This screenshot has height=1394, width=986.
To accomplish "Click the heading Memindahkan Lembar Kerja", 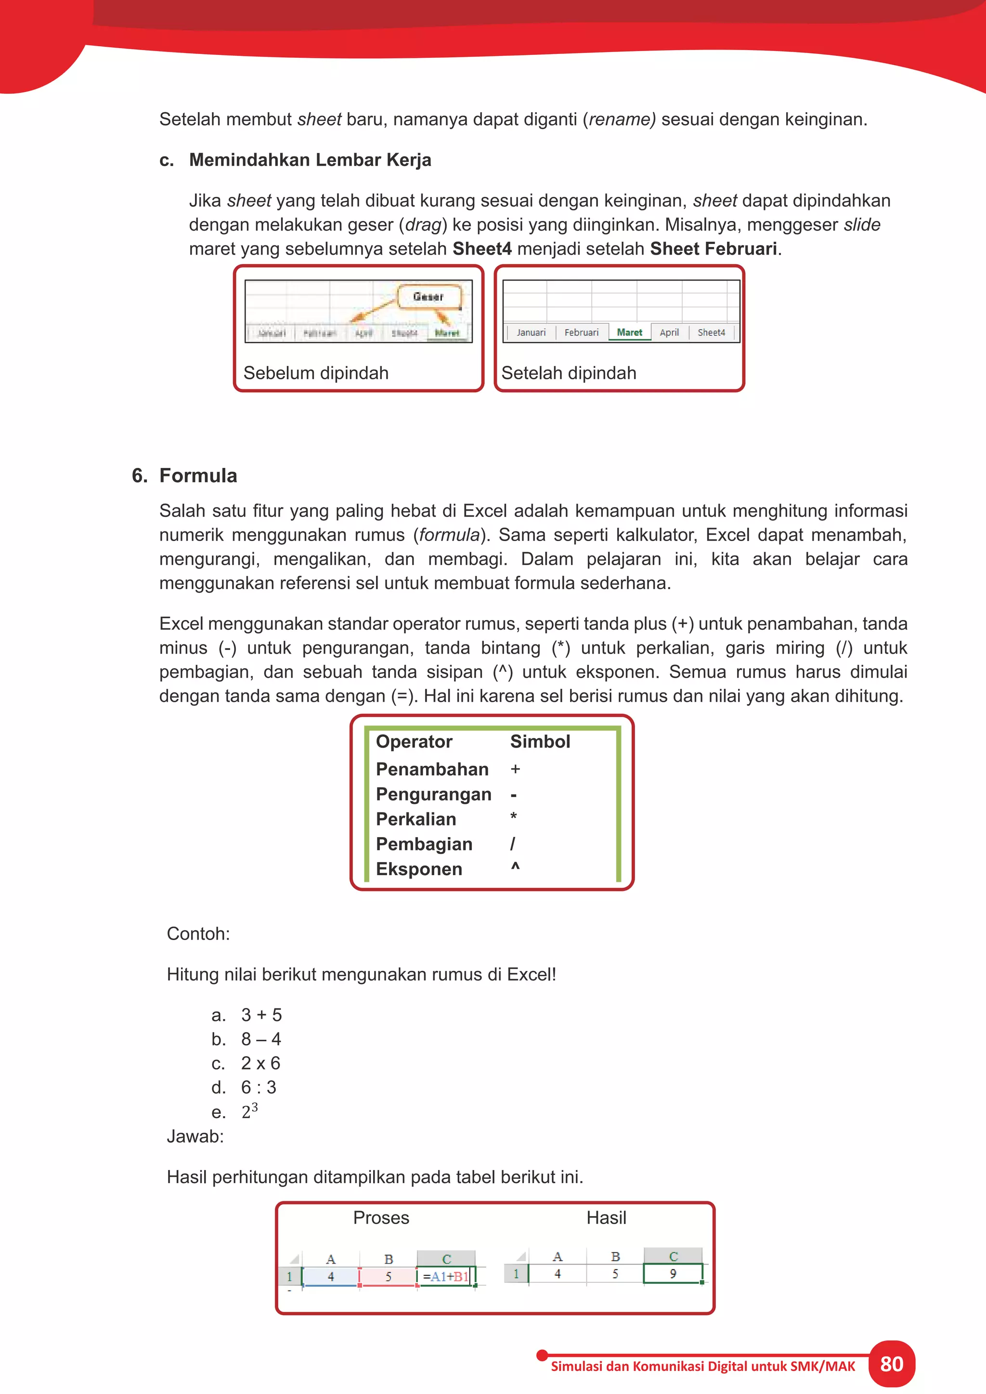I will coord(310,160).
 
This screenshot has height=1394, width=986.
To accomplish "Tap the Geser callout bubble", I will coord(428,297).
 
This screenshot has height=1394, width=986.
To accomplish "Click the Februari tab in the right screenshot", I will coord(581,332).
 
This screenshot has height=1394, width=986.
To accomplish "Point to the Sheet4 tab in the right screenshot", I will coord(711,332).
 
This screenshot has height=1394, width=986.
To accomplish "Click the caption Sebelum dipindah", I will coord(316,373).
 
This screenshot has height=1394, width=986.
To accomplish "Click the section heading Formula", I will coord(198,476).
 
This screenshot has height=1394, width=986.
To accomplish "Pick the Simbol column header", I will coord(540,741).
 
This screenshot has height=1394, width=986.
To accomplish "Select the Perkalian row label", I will coord(416,819).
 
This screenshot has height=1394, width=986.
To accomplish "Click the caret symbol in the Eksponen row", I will coord(515,867).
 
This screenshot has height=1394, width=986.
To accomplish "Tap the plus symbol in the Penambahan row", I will coord(515,769).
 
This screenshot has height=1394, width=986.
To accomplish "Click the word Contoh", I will coord(198,934).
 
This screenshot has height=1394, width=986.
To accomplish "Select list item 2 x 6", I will coord(260,1063).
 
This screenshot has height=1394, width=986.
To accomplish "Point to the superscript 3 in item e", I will coord(254,1107).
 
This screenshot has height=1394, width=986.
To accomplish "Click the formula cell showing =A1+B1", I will coord(446,1276).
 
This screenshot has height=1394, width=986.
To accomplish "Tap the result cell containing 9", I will coord(673,1274).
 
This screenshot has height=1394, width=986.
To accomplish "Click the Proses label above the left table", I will coord(381,1218).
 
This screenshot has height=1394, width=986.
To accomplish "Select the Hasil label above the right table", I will coord(606,1218).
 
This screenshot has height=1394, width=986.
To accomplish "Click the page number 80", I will coord(891,1364).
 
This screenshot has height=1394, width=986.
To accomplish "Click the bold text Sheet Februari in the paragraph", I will coord(714,249).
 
